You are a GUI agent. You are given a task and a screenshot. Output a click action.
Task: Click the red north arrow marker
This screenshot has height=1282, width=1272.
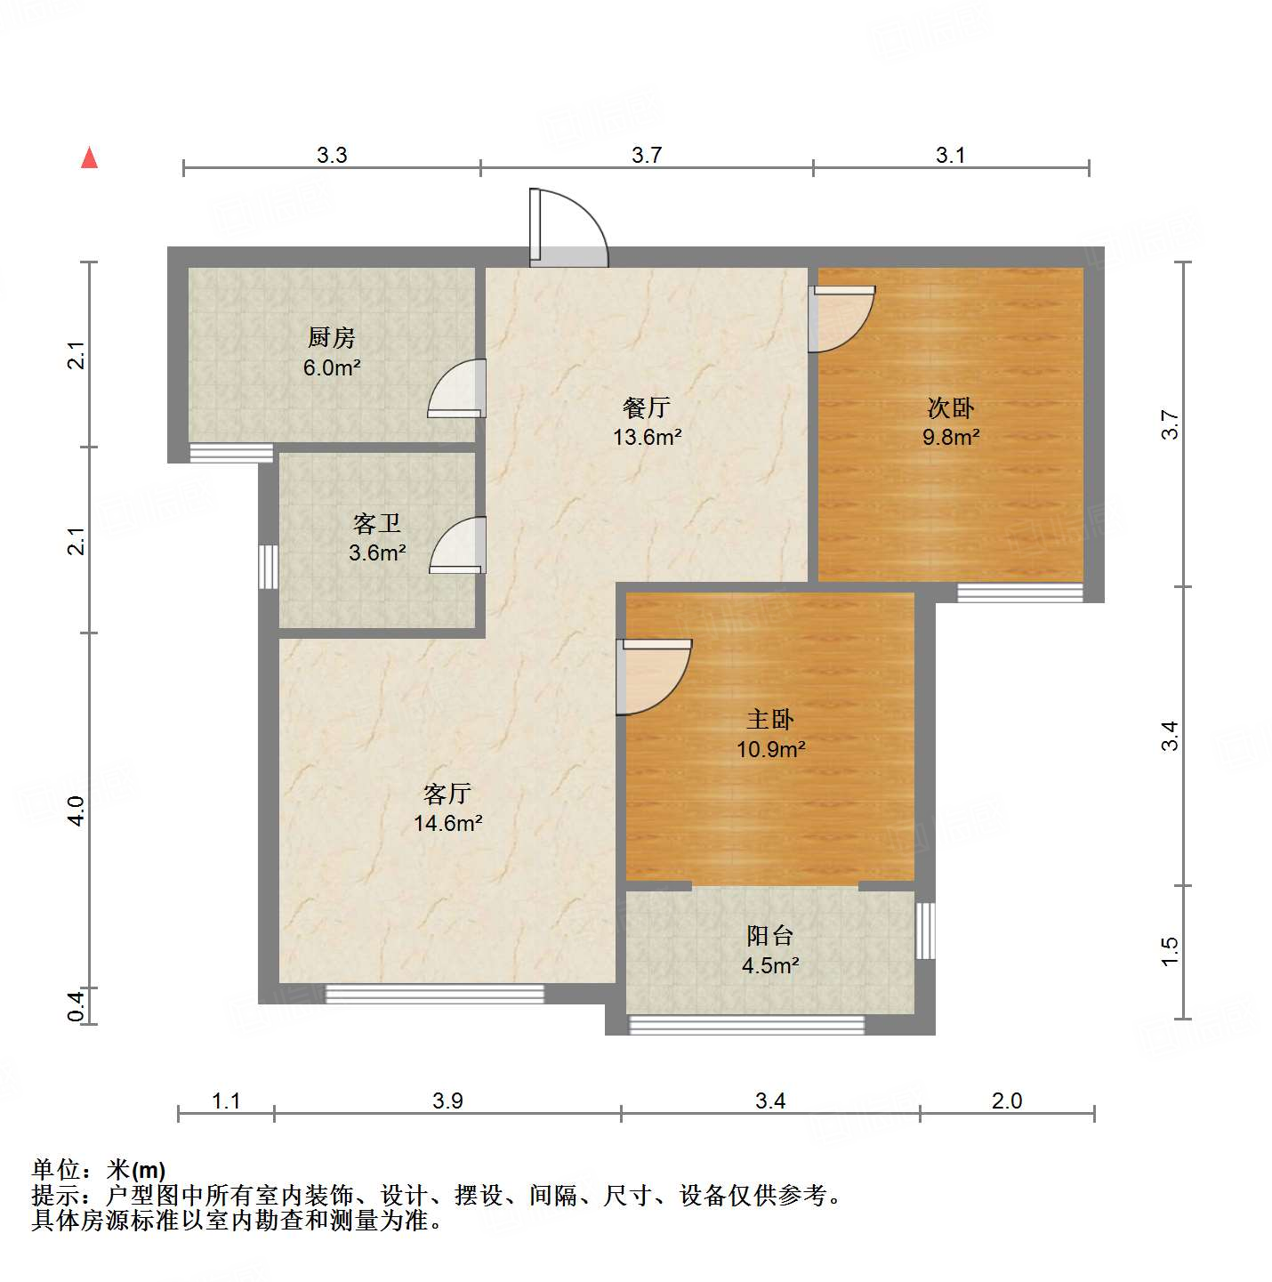click(89, 157)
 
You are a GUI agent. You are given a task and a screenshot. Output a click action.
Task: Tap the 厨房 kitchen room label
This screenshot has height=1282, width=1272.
click(331, 337)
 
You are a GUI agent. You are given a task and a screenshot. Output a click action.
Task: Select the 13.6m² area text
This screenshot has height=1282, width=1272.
click(648, 437)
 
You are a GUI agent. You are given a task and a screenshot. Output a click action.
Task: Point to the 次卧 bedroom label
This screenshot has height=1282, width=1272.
click(951, 407)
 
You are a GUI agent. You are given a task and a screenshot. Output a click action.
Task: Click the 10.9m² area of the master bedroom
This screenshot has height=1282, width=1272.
click(771, 749)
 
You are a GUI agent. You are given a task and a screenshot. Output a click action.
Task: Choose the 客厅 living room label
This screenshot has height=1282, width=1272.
click(447, 794)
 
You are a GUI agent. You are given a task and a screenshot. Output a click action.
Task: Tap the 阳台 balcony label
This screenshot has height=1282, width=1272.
click(770, 936)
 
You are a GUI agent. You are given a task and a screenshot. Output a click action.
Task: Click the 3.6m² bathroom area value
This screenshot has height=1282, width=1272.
click(377, 552)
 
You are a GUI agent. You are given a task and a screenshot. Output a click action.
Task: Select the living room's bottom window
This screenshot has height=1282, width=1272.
click(434, 993)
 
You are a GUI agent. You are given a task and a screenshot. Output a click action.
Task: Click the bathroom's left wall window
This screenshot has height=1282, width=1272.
click(268, 567)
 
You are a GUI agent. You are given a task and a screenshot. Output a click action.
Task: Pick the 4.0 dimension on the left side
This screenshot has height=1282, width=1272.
click(76, 810)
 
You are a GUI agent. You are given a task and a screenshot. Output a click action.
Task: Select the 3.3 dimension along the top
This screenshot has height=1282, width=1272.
click(331, 155)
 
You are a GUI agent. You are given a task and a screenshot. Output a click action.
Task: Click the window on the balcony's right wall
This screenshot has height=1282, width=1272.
click(925, 930)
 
